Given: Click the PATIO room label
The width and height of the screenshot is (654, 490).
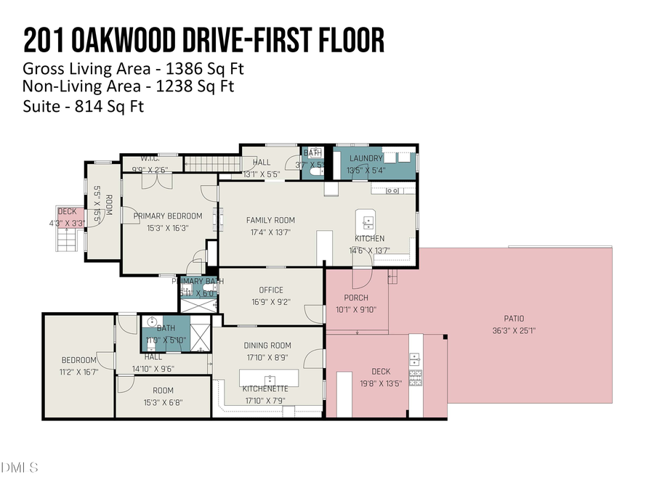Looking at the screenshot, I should [x=514, y=318].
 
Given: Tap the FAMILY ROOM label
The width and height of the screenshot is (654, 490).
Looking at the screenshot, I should [x=270, y=220].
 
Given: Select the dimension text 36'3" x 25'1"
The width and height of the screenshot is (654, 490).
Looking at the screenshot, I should [x=514, y=330].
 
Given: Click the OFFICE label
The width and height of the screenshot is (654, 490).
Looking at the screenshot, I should [x=271, y=290].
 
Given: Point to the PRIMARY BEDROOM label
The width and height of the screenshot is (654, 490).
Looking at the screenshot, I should [x=167, y=216].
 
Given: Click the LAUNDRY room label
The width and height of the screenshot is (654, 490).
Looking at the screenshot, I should [x=366, y=158].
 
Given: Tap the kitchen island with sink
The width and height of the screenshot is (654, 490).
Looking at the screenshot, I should [x=364, y=220].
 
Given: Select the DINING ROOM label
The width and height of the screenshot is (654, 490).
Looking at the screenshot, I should [x=267, y=346].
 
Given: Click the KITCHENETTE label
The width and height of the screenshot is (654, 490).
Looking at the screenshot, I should [x=265, y=388].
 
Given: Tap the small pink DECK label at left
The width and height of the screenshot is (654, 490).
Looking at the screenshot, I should [x=67, y=211].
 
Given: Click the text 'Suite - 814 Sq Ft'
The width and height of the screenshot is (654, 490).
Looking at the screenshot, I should [x=84, y=107].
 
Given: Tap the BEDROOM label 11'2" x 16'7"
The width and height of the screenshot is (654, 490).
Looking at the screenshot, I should [x=78, y=360].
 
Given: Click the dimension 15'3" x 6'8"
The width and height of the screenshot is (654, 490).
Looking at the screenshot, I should [x=163, y=402].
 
